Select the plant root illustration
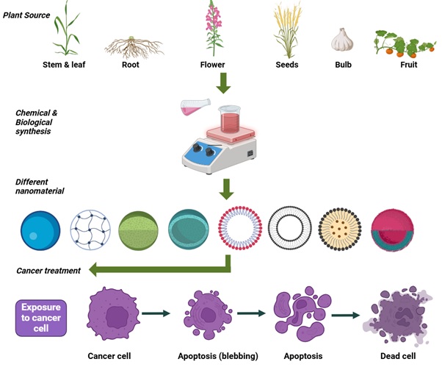[x=133, y=46]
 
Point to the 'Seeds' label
[x=286, y=65]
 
